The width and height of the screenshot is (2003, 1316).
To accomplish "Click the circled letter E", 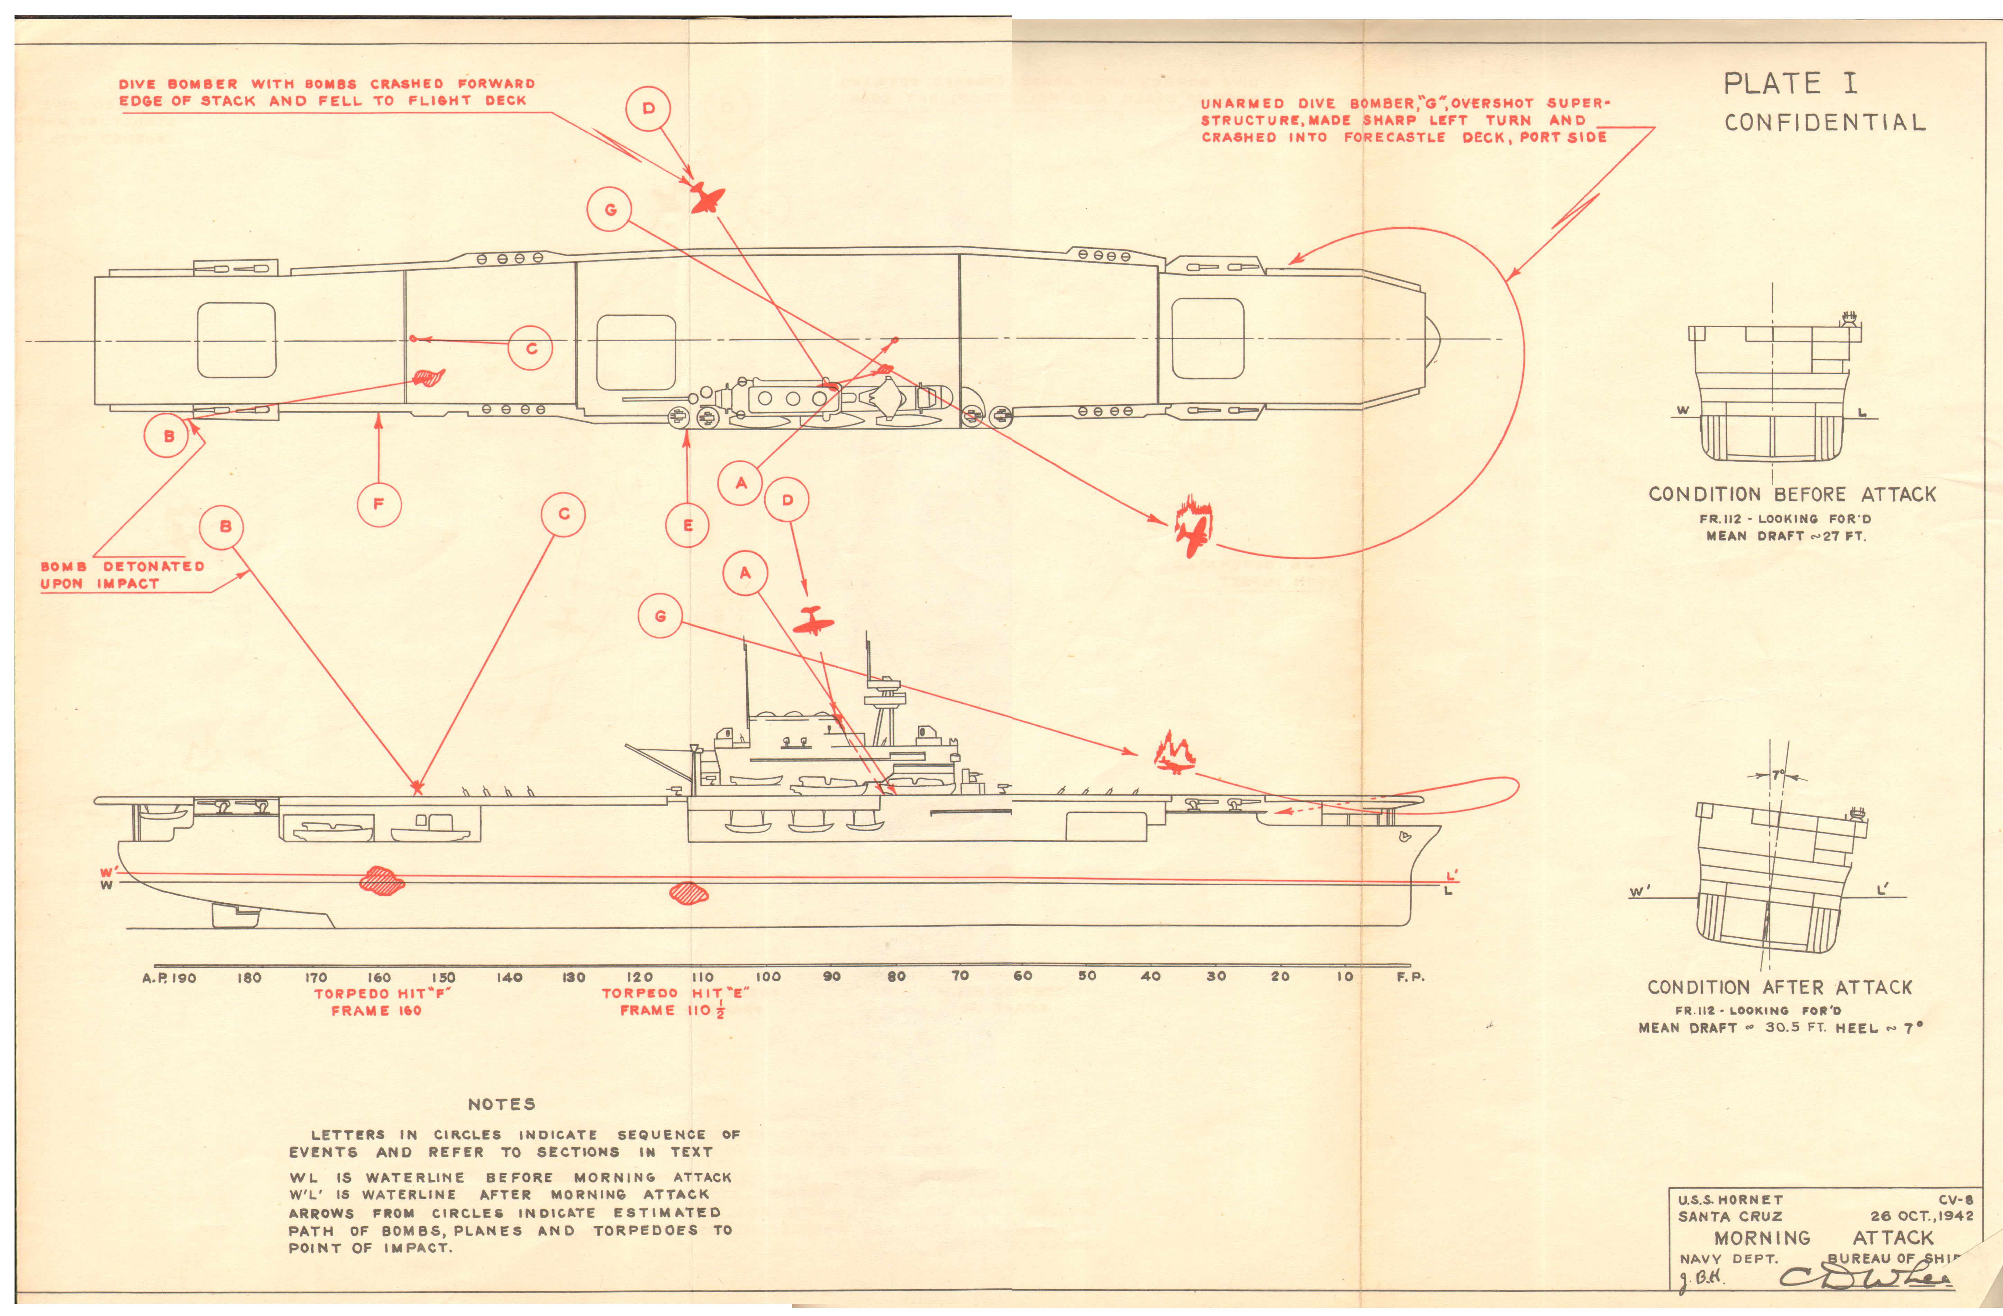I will click(x=688, y=525).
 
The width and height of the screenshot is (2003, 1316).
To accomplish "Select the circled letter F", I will click(x=379, y=504).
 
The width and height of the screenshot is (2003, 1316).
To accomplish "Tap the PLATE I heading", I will click(x=1790, y=83).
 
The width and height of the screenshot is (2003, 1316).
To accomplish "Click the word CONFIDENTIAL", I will click(x=1824, y=123).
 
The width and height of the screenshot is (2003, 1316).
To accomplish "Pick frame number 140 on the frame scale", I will click(x=509, y=977).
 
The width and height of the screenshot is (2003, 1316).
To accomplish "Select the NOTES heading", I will click(x=502, y=1104).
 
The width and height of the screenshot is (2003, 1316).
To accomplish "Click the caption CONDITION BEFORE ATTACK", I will click(x=1792, y=494).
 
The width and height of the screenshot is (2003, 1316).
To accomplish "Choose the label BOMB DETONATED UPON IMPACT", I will click(x=122, y=575).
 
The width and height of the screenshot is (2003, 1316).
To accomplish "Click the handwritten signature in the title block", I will click(x=1864, y=1279).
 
